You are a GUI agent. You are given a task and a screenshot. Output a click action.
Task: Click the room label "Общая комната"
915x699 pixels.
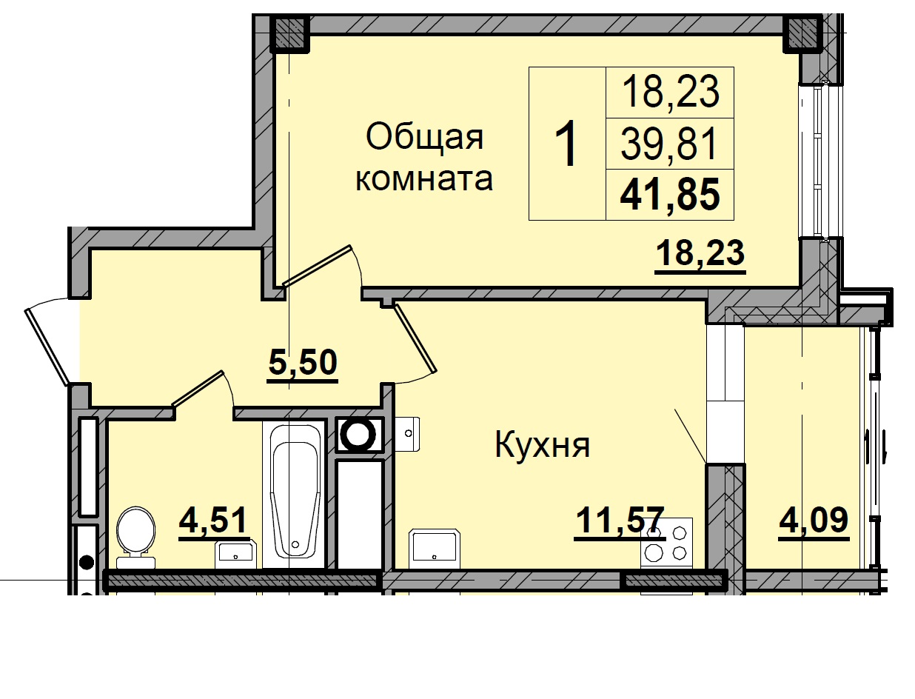click(x=423, y=158)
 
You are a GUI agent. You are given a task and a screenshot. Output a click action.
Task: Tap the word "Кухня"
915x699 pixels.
click(x=542, y=446)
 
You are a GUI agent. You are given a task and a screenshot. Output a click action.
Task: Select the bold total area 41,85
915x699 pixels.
click(x=670, y=196)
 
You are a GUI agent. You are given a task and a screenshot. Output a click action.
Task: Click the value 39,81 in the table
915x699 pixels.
click(x=670, y=144)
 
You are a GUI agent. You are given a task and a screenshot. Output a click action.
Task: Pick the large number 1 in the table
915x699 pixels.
click(x=567, y=145)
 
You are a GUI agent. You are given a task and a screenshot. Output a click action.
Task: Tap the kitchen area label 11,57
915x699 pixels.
click(x=620, y=521)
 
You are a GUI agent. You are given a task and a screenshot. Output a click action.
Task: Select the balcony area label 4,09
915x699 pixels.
click(x=813, y=521)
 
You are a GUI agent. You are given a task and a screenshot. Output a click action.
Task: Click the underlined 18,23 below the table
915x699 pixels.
click(x=700, y=254)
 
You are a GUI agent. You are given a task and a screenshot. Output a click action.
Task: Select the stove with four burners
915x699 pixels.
click(x=666, y=542)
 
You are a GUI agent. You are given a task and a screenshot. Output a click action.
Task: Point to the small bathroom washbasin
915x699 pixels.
click(x=235, y=552)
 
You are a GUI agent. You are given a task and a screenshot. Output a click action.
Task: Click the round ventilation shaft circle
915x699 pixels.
click(x=360, y=435)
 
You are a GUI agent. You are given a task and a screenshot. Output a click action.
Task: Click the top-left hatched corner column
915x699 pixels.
click(x=289, y=33)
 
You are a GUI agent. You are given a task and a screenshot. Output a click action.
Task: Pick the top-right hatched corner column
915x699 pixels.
click(x=801, y=33)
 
